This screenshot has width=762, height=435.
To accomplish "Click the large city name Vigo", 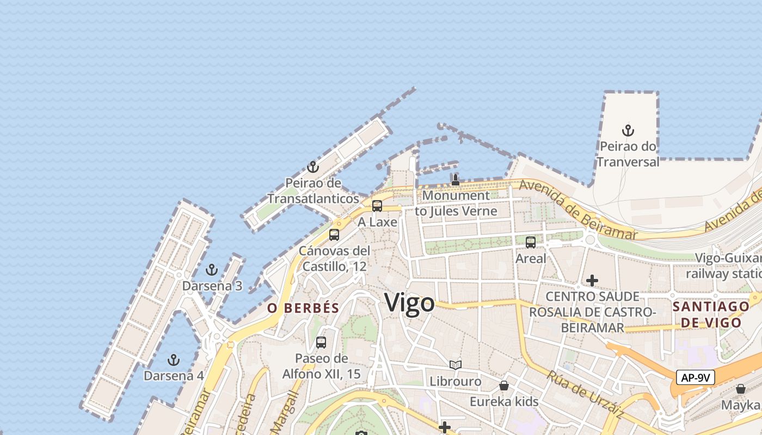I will click(409, 303).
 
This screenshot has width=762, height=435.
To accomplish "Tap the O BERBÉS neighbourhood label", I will click(303, 308).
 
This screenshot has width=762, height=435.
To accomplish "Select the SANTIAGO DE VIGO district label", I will click(711, 314).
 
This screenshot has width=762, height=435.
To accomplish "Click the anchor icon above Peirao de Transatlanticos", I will click(312, 167).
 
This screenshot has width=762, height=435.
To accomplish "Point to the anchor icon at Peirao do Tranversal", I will click(628, 130).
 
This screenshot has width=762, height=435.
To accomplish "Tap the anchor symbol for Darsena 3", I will click(212, 270).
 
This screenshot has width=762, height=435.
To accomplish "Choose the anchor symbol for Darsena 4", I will click(173, 359).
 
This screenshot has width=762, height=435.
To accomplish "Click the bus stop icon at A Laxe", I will click(377, 206).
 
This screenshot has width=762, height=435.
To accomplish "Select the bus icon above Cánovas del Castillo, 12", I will click(334, 235).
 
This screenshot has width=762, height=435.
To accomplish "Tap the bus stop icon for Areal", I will click(531, 243).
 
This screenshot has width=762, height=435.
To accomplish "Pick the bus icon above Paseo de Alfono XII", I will click(321, 343).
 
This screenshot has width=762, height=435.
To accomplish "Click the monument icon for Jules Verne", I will click(456, 179).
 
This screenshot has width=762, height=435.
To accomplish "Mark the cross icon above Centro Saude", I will click(592, 281).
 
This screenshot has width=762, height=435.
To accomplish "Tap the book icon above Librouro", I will click(456, 365).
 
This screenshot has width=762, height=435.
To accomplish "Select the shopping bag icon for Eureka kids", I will click(504, 386).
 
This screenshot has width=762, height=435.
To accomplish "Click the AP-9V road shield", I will click(695, 377).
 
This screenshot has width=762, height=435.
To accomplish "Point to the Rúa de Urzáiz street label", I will click(585, 394).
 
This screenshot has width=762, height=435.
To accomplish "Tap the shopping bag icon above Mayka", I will click(740, 389).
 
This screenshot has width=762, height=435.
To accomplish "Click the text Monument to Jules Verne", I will click(456, 203).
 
